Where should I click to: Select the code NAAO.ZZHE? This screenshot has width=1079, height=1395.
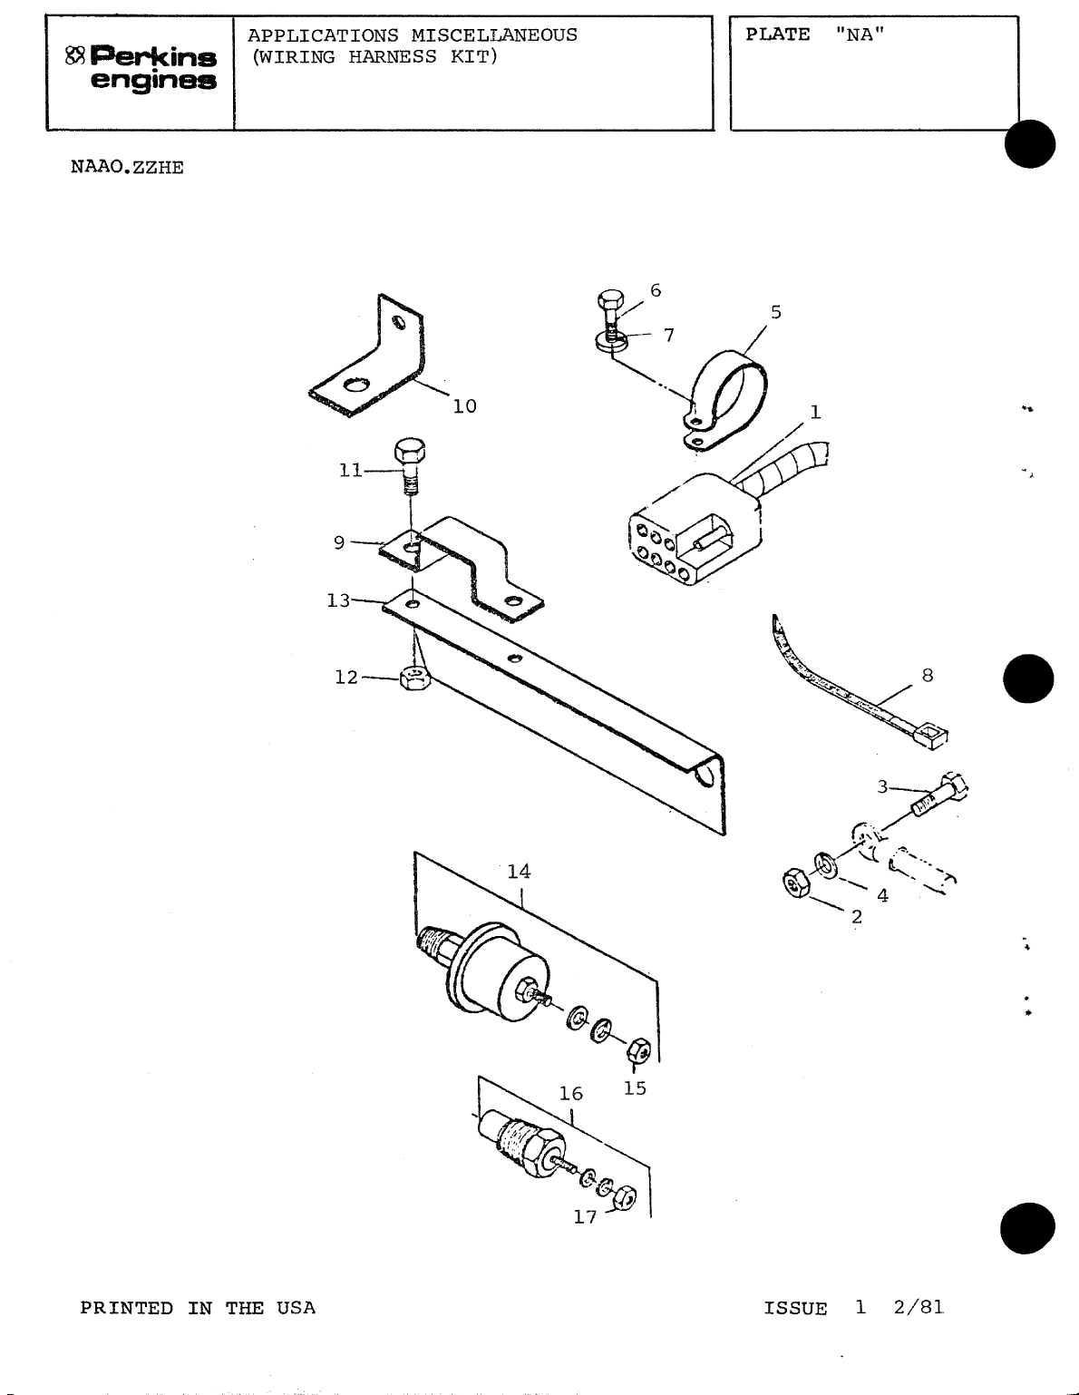(x=127, y=168)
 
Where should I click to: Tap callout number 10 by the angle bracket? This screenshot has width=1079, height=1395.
(x=464, y=406)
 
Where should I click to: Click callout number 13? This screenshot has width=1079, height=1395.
(x=338, y=600)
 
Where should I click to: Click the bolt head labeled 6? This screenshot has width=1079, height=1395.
(x=609, y=301)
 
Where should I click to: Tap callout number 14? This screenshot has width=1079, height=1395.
(x=519, y=872)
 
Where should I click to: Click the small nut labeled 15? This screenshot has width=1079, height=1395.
(x=638, y=1051)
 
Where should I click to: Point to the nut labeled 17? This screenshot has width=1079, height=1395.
(x=624, y=1198)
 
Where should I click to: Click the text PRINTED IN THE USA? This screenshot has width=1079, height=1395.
(x=198, y=1308)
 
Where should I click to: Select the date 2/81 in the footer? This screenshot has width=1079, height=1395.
(x=918, y=1307)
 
